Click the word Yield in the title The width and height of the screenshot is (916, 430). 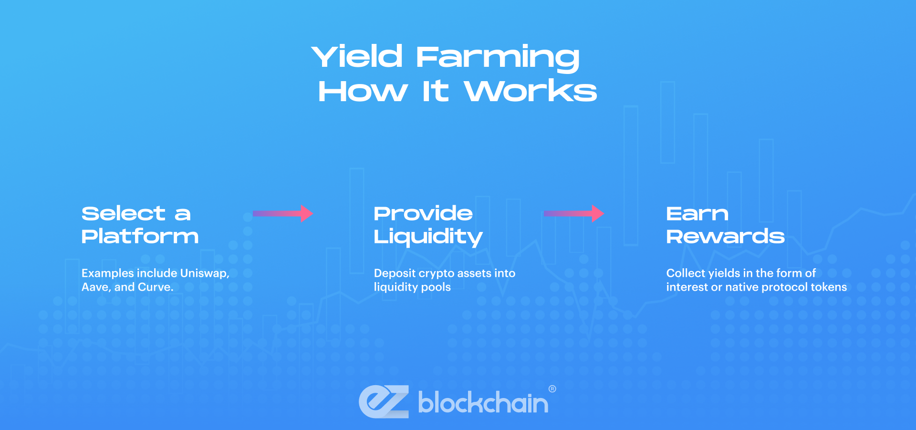pos(357,57)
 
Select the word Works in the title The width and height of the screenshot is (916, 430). pos(531,91)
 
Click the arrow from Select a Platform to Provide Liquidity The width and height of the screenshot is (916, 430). pos(282,213)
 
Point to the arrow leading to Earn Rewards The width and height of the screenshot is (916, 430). pos(573,213)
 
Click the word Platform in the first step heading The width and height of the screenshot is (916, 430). pos(140,236)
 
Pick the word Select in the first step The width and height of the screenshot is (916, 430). pos(124,213)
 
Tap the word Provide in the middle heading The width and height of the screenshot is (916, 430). pos(423,213)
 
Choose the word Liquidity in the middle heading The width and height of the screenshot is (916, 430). pos(428,237)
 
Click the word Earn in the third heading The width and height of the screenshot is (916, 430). pos(697,214)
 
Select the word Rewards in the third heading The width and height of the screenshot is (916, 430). pos(725,236)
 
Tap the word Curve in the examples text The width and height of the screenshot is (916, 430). pos(155,287)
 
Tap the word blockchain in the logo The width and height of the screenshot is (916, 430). pos(483,403)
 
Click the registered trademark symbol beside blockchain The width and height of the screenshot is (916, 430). pos(552,389)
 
